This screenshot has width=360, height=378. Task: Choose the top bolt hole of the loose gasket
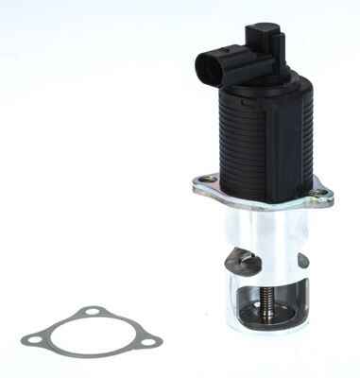[x=89, y=313]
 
